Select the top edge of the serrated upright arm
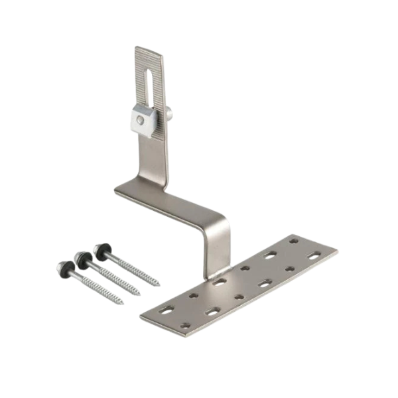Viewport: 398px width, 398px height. [x=149, y=47]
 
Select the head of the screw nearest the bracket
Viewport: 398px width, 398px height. [x=101, y=250]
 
